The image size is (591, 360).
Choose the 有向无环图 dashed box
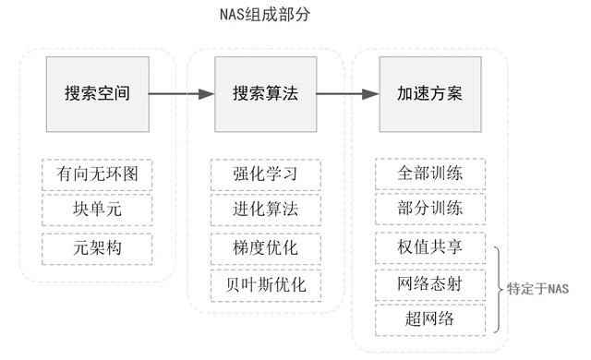pos(97,174)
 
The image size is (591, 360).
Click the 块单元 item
pos(97,210)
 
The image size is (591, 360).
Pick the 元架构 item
pos(97,247)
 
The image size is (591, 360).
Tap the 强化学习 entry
pos(264,174)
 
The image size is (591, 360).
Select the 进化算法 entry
pos(264,210)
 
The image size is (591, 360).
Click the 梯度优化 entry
pos(264,247)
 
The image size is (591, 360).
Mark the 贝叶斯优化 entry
pos(264,284)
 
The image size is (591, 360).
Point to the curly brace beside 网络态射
pos(500,287)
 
